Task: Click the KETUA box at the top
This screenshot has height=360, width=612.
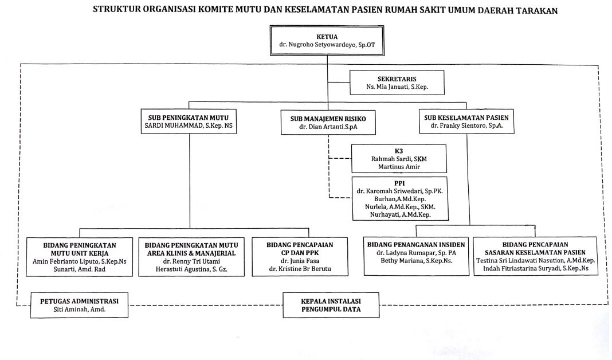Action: point(327,41)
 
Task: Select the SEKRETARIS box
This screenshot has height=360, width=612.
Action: point(397,83)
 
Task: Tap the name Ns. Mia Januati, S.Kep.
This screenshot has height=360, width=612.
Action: point(397,87)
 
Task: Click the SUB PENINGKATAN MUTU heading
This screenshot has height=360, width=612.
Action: point(189,118)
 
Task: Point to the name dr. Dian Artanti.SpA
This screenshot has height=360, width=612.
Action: point(328,127)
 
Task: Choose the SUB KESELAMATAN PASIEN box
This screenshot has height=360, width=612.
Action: point(466,122)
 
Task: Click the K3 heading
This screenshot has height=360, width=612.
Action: point(399,151)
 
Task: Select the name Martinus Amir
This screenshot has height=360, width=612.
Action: point(399,167)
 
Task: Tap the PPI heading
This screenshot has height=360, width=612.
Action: point(399,183)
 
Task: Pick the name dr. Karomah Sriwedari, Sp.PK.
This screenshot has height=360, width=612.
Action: point(399,191)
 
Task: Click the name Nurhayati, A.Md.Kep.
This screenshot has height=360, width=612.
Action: point(401,214)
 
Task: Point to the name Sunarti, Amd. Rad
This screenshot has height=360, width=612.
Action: point(80,269)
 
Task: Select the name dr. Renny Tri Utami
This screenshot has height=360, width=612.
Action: point(191,261)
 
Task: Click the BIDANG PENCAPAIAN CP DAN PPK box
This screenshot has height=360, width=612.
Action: point(300,257)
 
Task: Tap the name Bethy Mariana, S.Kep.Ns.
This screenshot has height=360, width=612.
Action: point(417,260)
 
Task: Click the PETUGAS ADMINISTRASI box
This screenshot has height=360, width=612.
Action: point(79,305)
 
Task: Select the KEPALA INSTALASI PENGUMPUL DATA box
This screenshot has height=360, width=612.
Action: point(331,305)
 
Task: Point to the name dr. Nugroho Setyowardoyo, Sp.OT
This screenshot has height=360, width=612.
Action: point(327,45)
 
